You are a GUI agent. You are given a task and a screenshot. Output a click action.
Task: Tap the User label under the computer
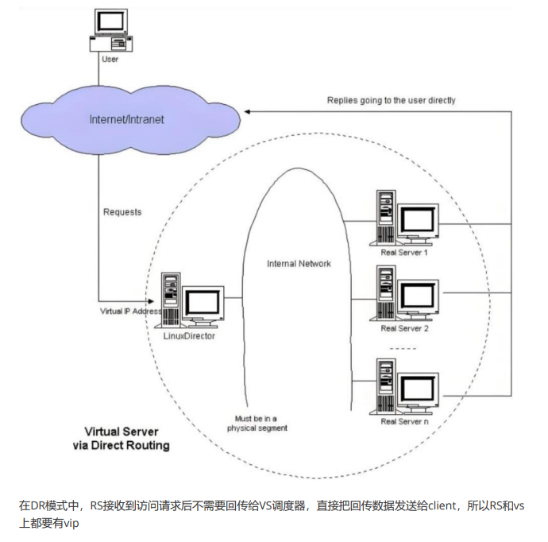click(x=110, y=59)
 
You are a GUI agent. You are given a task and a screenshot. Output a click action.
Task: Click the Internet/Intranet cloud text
click(x=127, y=119)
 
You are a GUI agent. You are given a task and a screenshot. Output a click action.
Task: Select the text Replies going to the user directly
click(x=391, y=101)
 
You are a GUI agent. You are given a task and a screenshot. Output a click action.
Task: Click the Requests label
click(x=122, y=212)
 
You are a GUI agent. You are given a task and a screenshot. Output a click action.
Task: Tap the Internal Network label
click(x=299, y=264)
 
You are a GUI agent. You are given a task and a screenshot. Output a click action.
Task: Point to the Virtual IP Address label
click(x=130, y=312)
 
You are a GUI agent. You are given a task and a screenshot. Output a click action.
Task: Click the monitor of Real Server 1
click(x=419, y=222)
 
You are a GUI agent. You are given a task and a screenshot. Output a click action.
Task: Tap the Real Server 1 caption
click(x=403, y=253)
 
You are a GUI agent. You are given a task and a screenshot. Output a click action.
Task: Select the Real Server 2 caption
click(x=403, y=327)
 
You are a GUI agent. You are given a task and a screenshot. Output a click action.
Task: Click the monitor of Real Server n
click(x=419, y=389)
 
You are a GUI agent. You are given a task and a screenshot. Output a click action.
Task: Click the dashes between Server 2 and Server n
click(x=403, y=348)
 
